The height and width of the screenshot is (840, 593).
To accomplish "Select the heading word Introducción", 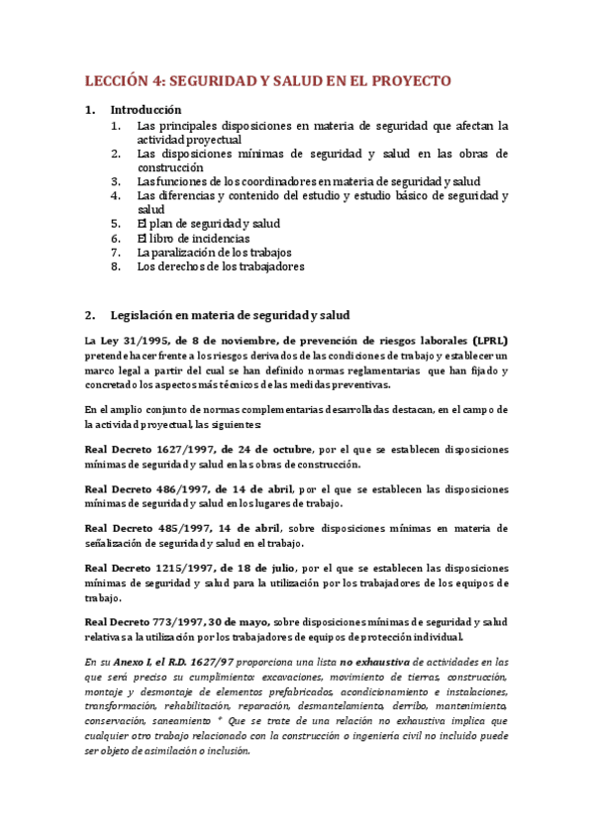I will click(146, 110).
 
